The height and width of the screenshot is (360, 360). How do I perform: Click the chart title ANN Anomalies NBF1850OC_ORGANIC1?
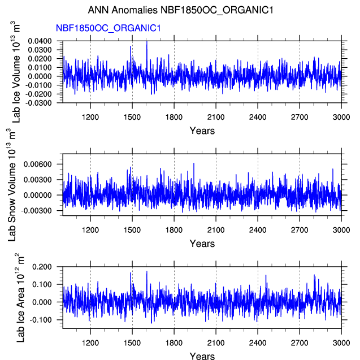(180, 11)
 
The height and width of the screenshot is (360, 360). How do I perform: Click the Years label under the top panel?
(202, 131)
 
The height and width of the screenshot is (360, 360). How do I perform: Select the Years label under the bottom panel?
(202, 356)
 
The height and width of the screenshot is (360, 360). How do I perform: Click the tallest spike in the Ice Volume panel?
(147, 42)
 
